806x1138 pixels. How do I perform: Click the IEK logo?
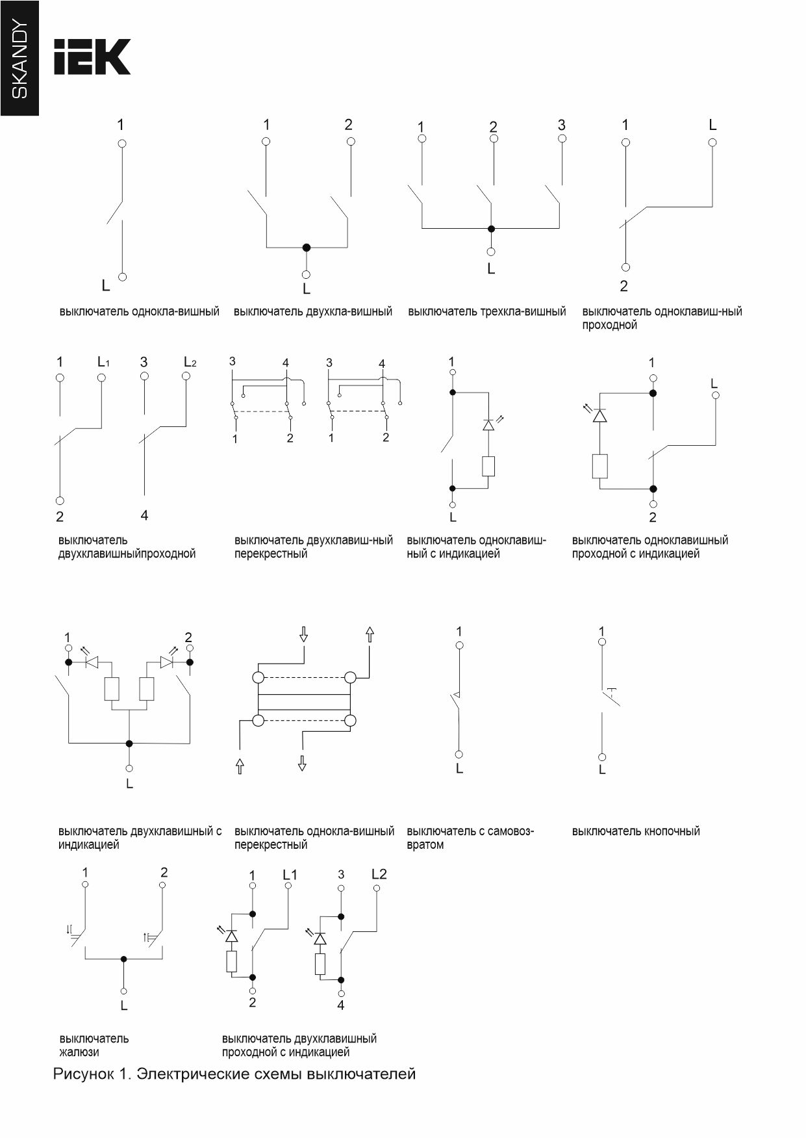coord(92,57)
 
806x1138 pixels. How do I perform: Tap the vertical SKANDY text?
coord(20,59)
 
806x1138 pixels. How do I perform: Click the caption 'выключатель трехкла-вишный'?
coord(486,312)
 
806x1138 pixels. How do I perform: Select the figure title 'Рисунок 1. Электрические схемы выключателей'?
coord(234,1074)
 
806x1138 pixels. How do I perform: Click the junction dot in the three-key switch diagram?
coord(491,229)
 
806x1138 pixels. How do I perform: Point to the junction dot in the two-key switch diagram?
coord(307,248)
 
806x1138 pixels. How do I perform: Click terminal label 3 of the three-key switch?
coord(562,125)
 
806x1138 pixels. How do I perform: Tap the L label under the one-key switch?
coord(106,285)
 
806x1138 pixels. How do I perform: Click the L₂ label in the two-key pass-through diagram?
coord(190,362)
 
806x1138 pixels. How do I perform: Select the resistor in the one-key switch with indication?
coord(488,466)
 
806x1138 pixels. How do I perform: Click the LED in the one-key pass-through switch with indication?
coord(599,415)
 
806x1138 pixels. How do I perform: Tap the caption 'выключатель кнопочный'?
coord(635,831)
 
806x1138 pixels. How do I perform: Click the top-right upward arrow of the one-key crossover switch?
coord(370,634)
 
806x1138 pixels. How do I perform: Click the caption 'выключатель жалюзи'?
coord(94,1045)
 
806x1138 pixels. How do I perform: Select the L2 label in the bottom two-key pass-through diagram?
coord(379,874)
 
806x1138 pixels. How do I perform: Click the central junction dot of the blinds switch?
coord(124,959)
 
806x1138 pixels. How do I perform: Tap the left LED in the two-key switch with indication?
coord(92,662)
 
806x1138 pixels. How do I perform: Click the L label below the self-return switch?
coord(459,769)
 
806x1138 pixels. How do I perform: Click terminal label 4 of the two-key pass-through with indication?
coord(341,1005)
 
